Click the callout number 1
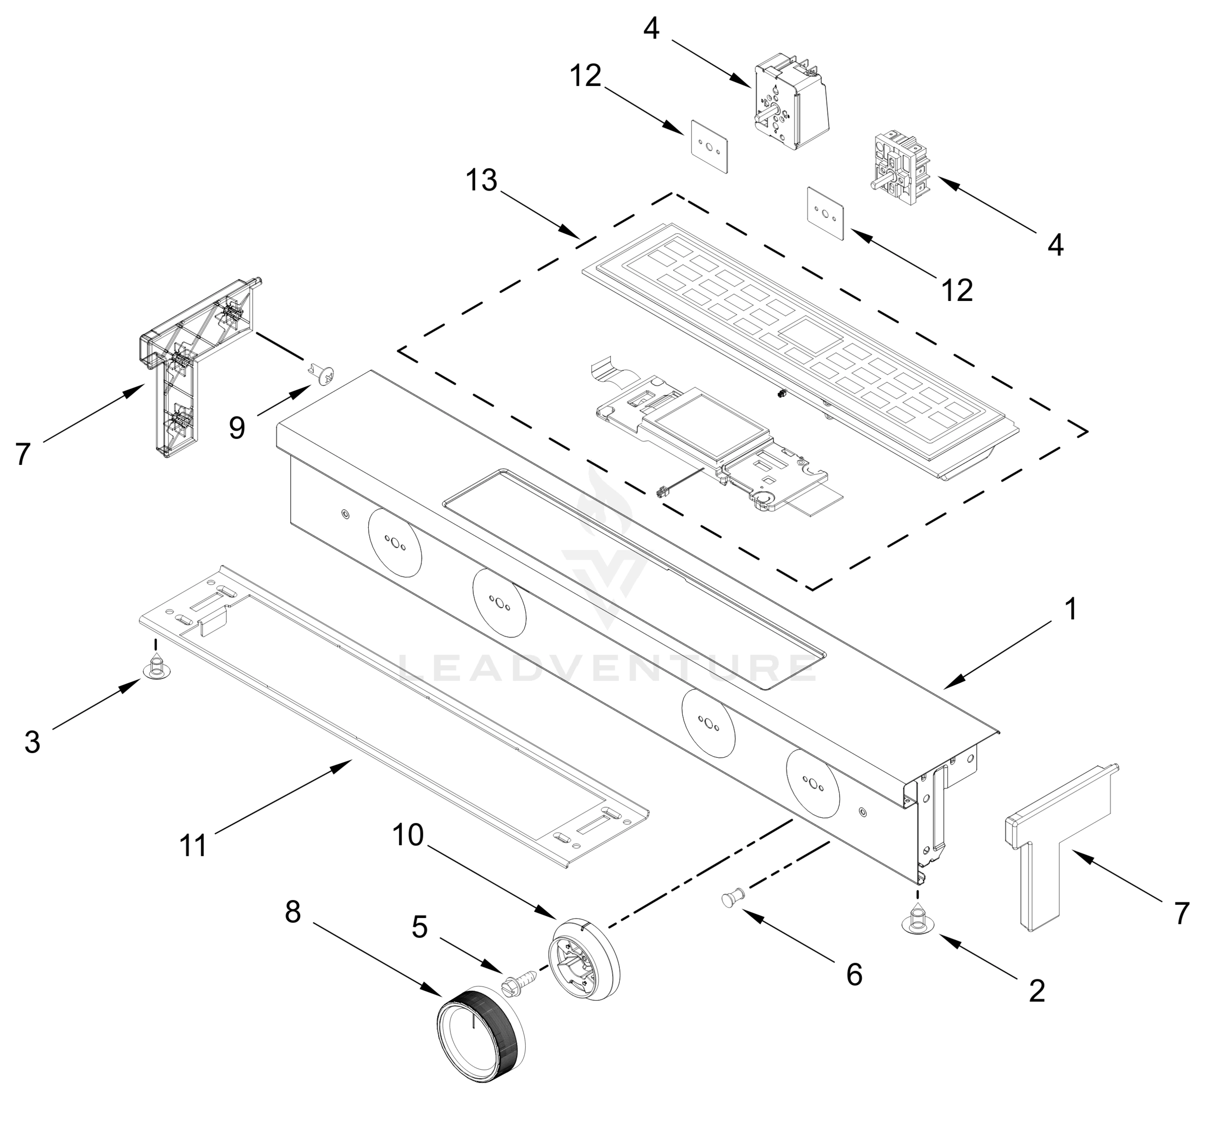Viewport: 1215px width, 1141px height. point(1070,609)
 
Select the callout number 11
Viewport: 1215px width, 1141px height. point(193,847)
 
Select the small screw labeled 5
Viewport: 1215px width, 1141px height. point(518,985)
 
